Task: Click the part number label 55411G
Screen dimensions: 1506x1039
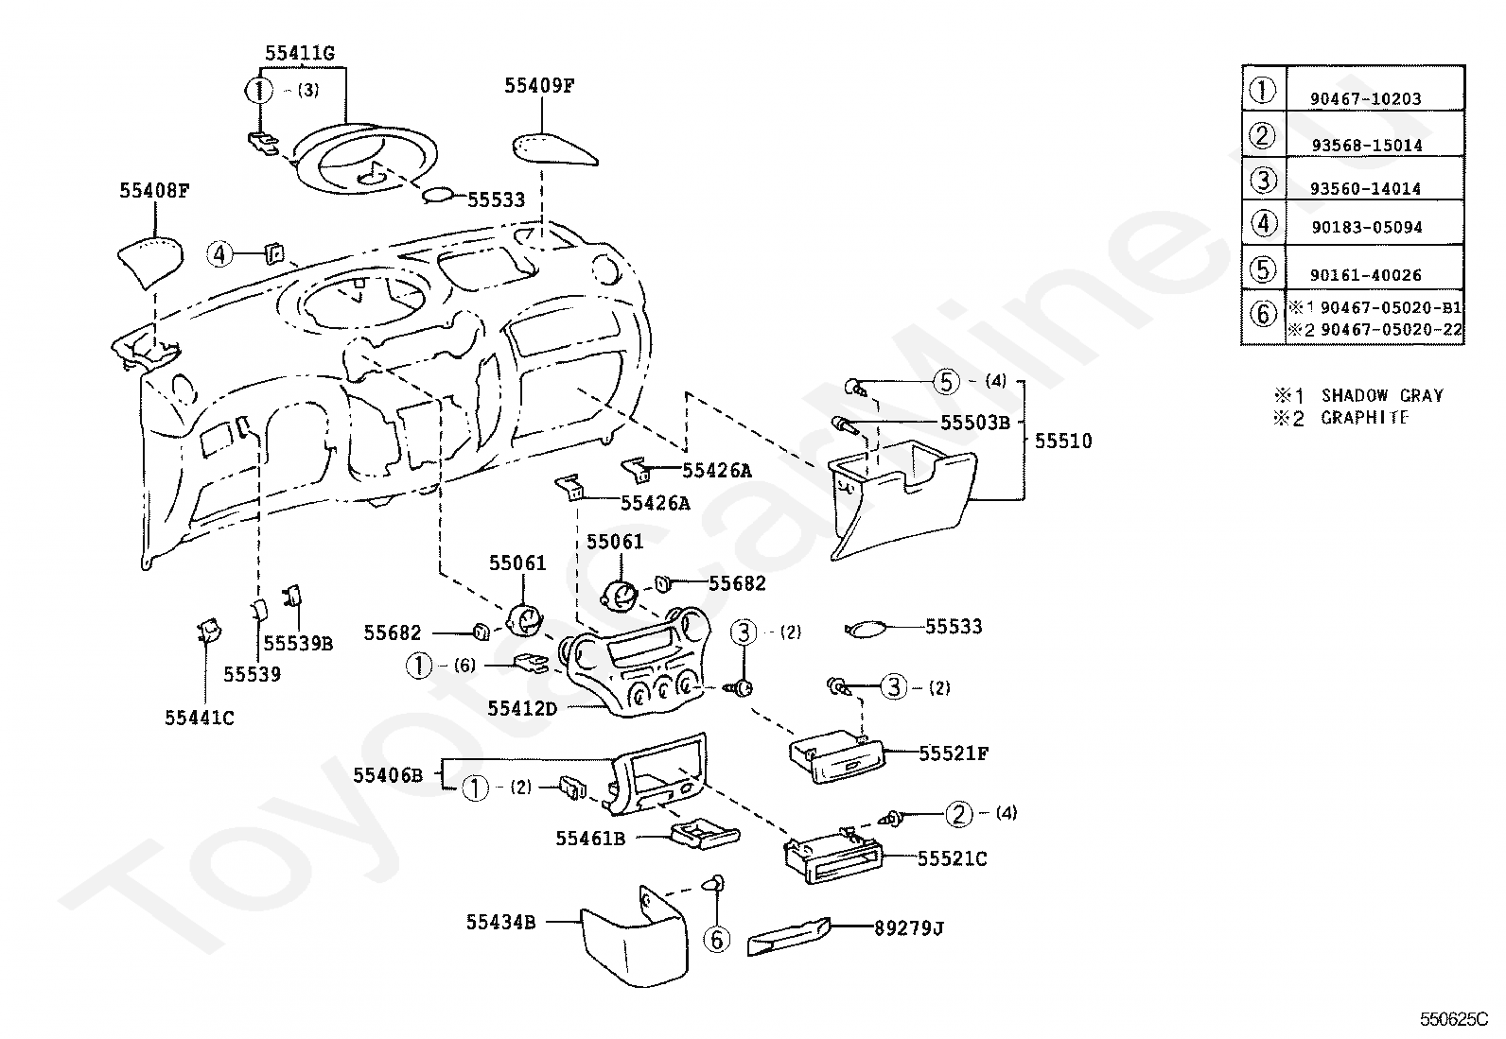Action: point(299,53)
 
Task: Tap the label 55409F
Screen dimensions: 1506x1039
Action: point(539,85)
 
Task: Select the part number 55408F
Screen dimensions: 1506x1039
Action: point(154,190)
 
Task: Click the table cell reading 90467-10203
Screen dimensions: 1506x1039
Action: point(1365,98)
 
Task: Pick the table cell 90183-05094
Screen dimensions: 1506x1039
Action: point(1367,227)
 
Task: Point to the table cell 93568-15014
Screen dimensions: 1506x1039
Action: point(1367,146)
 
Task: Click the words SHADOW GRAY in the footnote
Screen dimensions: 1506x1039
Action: point(1382,395)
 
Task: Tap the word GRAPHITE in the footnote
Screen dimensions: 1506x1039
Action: point(1364,417)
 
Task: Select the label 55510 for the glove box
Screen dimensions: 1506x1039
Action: point(1063,441)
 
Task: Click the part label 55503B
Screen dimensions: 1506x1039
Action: point(975,422)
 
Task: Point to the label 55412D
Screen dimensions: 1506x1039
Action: point(522,708)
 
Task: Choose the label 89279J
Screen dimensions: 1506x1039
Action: point(909,928)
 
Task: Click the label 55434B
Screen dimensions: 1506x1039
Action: point(500,922)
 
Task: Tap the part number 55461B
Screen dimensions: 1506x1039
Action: point(590,838)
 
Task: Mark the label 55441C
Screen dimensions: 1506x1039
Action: point(200,718)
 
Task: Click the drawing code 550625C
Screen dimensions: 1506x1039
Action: point(1454,1019)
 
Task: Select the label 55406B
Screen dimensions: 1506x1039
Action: point(388,775)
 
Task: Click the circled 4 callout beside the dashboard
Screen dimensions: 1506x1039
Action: point(219,254)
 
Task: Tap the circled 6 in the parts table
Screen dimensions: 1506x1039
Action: point(1263,314)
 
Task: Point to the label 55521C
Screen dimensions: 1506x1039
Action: point(952,858)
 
